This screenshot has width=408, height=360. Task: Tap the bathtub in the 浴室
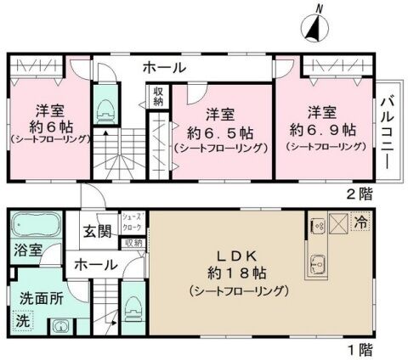click(36, 225)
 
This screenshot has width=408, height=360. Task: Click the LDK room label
click(237, 256)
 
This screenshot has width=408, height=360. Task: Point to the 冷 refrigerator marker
click(360, 222)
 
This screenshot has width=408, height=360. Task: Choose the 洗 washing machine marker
click(23, 321)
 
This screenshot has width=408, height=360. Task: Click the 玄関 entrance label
click(97, 232)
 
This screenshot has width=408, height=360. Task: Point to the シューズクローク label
click(132, 222)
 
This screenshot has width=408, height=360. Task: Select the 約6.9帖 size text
click(323, 130)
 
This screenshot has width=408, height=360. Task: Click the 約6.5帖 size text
click(220, 132)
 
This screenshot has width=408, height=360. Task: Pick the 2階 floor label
click(360, 194)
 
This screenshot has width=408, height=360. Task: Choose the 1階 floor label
click(360, 350)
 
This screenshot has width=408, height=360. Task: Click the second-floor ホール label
click(165, 68)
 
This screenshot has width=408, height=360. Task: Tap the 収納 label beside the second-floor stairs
click(158, 97)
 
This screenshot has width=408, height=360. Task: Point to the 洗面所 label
click(42, 299)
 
